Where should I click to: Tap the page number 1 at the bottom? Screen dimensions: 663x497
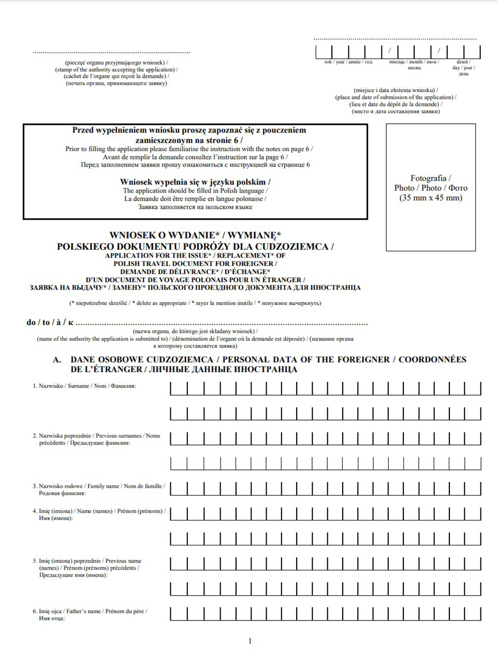point(250,641)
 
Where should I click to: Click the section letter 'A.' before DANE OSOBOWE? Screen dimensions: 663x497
point(57,359)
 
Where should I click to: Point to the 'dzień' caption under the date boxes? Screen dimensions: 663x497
point(462,62)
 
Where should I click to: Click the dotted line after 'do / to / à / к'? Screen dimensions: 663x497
point(223,323)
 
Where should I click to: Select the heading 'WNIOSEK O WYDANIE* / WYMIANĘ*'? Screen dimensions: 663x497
point(195,235)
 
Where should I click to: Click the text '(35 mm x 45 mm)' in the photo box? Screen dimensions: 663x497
point(431,198)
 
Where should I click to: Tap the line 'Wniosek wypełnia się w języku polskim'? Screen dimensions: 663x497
point(195,182)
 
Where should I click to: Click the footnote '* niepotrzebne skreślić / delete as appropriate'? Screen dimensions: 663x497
point(195,303)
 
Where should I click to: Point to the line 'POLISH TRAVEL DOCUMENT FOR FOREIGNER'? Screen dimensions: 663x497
point(195,264)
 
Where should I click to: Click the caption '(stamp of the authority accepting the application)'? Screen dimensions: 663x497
point(116,69)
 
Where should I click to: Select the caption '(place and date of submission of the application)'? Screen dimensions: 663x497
point(396,97)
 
